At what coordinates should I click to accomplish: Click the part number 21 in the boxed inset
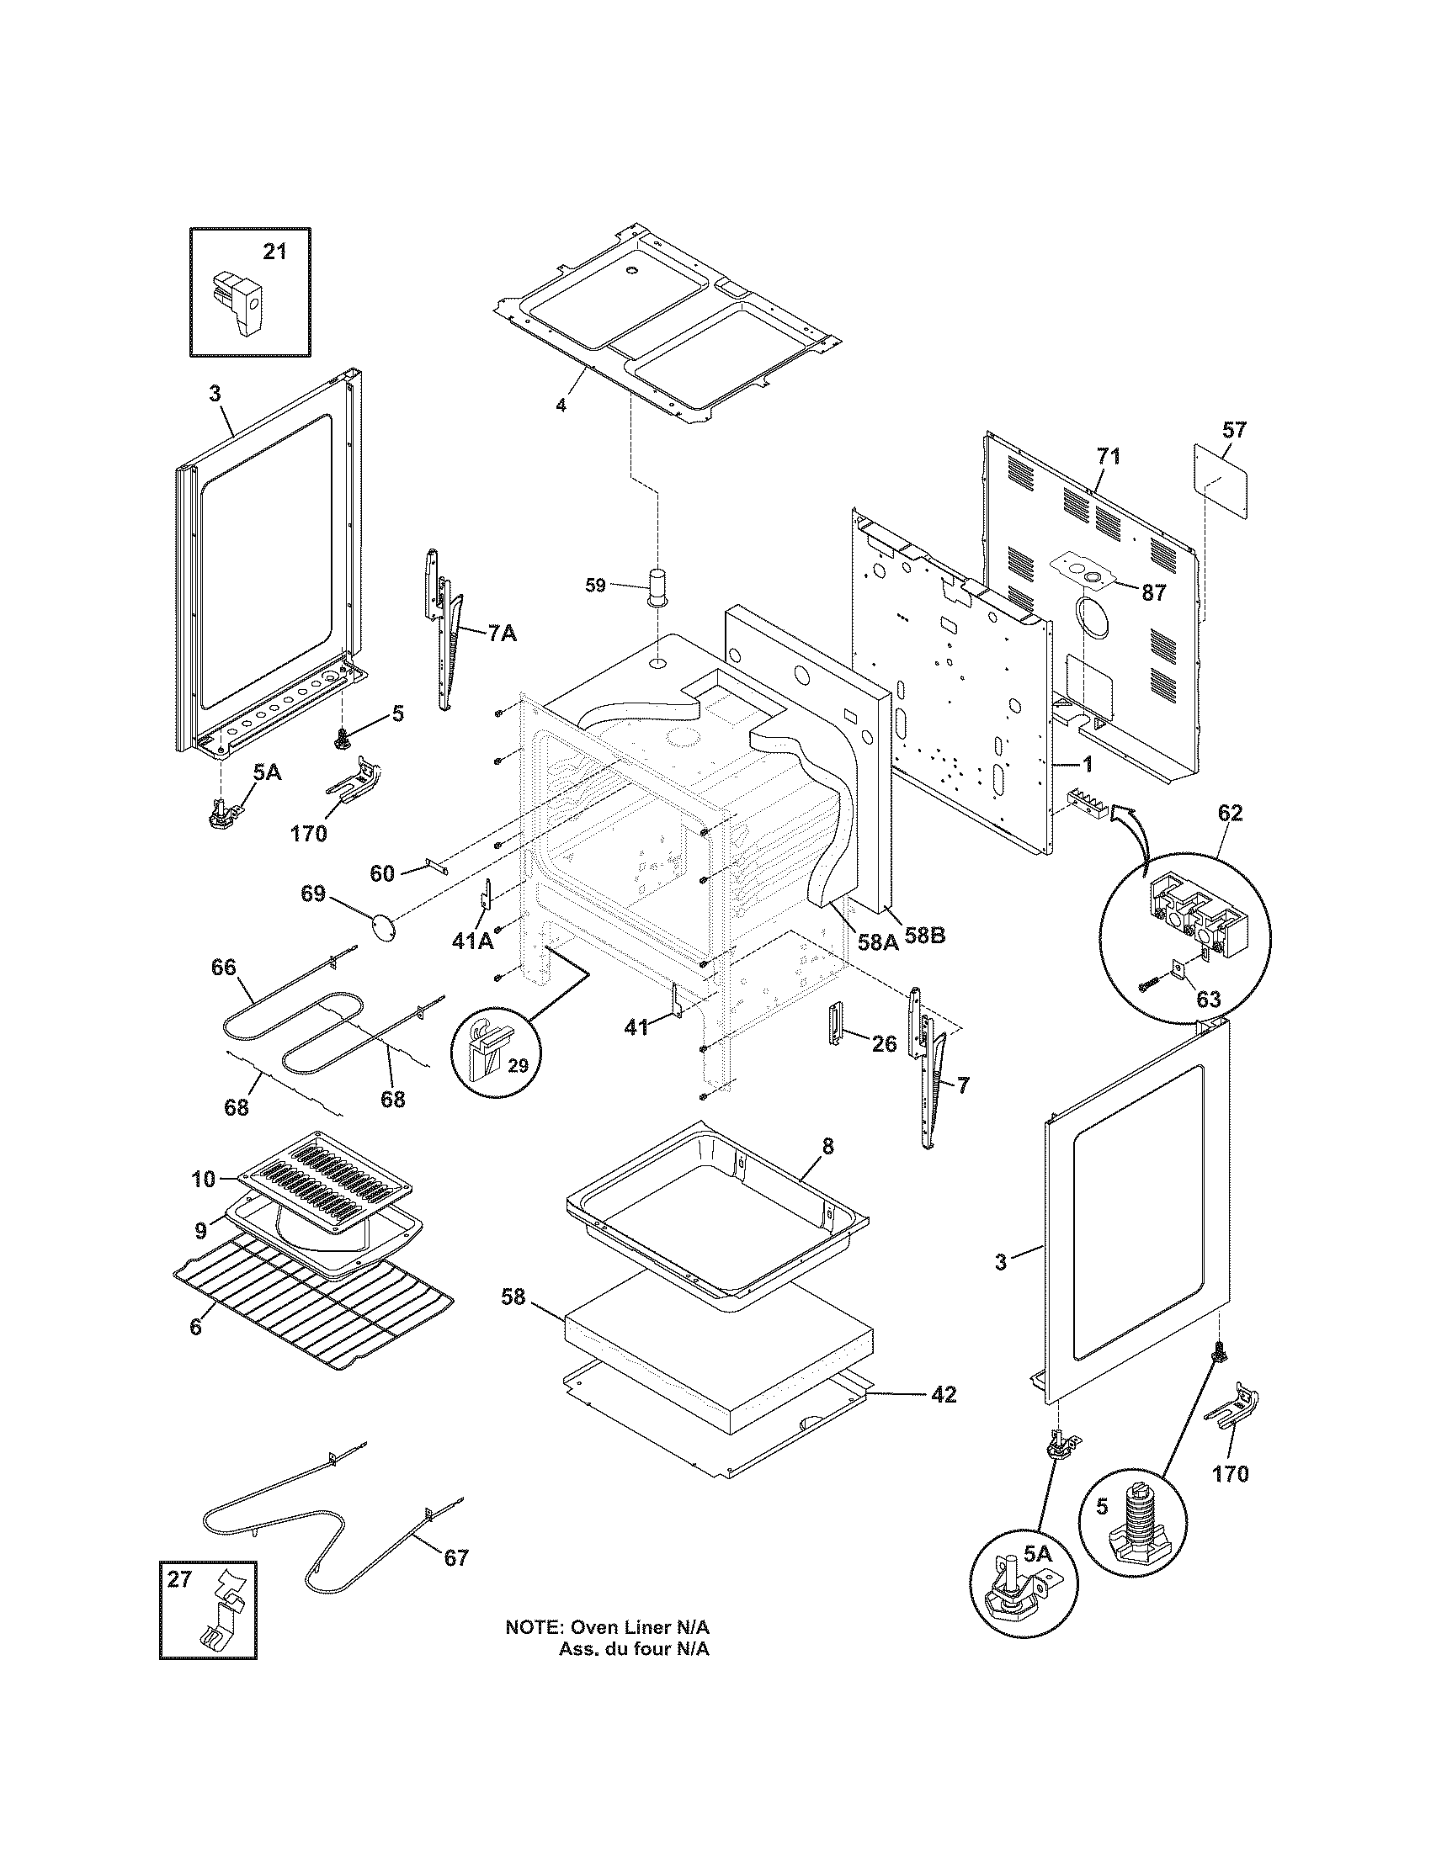point(274,252)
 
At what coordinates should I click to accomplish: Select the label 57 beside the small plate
point(1235,430)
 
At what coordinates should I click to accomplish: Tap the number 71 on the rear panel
point(1109,457)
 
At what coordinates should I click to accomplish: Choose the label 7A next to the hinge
point(502,633)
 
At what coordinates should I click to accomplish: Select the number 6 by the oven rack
point(196,1326)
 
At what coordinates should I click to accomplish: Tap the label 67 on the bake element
point(456,1557)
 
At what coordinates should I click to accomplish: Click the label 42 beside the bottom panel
point(944,1394)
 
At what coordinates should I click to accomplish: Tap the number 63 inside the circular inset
point(1208,1000)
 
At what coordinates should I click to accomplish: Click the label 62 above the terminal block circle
point(1230,813)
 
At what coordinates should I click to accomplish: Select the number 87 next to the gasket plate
point(1154,593)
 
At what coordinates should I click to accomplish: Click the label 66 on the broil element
point(224,967)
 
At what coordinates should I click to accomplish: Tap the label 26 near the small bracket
point(884,1044)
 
